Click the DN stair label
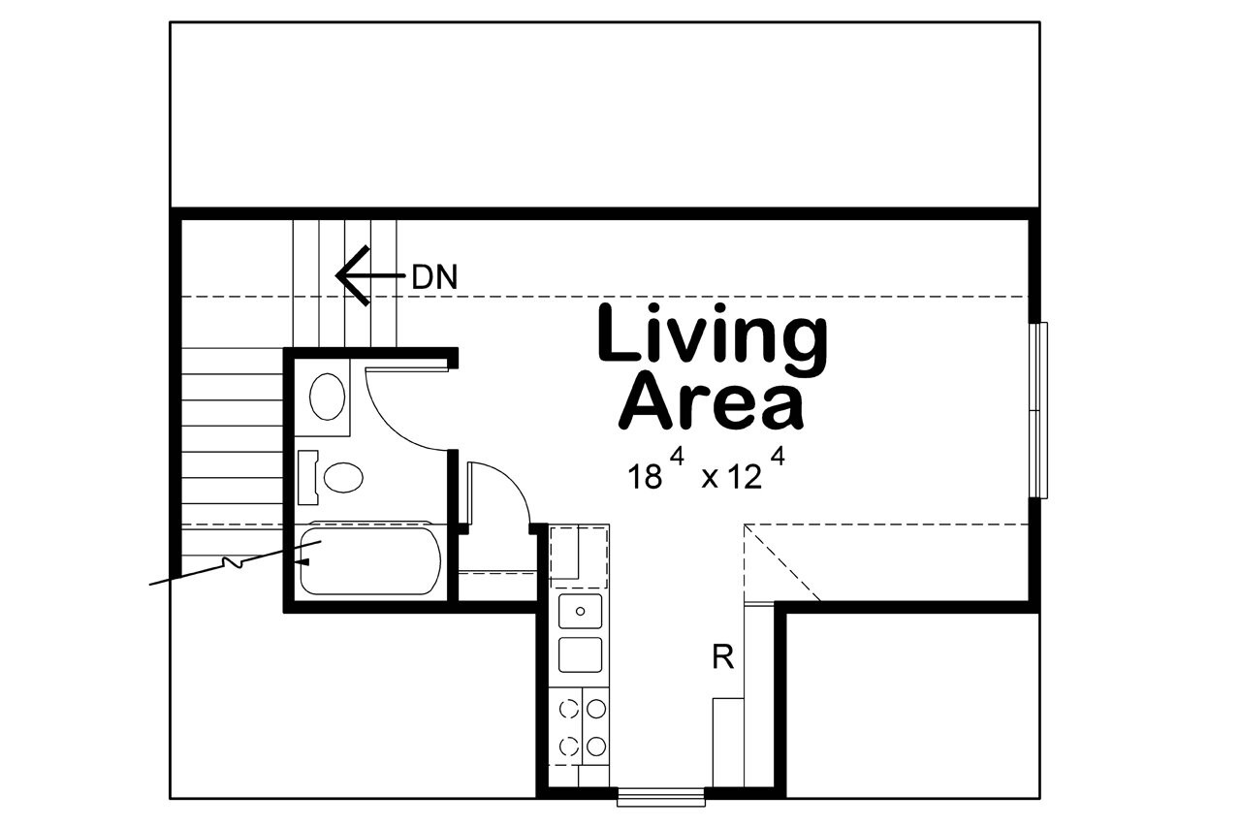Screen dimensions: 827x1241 pos(433,277)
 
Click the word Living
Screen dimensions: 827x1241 pos(713,334)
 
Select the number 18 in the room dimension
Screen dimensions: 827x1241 pos(646,477)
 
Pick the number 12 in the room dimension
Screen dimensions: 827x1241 pos(745,477)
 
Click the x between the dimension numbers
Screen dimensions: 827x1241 pos(709,479)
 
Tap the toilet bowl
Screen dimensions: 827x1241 pos(342,477)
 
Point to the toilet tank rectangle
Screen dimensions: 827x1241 pos(307,477)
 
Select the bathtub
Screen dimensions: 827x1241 pos(369,560)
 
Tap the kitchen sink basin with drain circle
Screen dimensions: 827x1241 pos(580,612)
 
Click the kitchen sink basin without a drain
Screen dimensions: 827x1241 pos(580,654)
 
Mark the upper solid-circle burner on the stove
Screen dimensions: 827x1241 pos(597,709)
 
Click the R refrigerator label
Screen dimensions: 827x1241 pos(722,658)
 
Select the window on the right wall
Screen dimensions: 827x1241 pos(1039,410)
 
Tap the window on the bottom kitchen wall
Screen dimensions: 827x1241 pos(661,798)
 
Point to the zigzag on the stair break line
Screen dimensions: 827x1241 pos(233,563)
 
